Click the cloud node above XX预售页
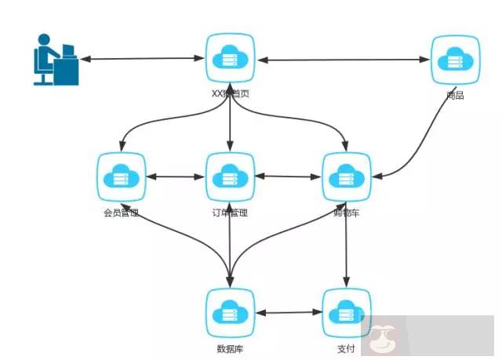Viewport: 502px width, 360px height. [x=230, y=58]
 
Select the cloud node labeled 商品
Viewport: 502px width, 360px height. [x=455, y=59]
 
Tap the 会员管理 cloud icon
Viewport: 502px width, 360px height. [x=121, y=177]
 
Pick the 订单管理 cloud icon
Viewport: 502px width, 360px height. [x=230, y=177]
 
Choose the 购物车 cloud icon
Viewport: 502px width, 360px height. [x=346, y=177]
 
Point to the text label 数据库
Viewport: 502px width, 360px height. [x=231, y=347]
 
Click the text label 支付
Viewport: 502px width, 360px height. [x=346, y=347]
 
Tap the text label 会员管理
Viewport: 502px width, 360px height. [x=121, y=213]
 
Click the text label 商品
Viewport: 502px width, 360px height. [x=455, y=96]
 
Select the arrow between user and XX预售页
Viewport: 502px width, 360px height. [x=141, y=59]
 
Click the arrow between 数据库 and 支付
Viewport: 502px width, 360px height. [x=289, y=313]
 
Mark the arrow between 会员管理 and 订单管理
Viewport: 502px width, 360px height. [x=175, y=177]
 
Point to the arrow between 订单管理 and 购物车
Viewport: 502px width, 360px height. [x=288, y=177]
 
